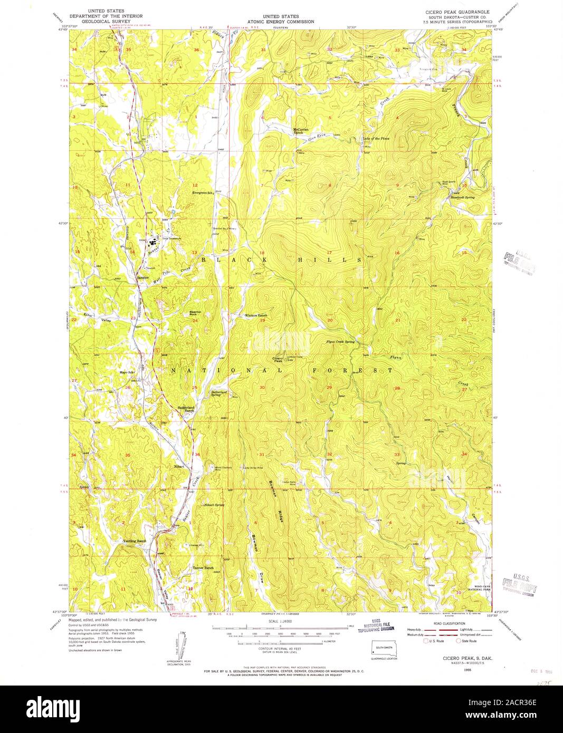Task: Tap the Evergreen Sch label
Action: pyautogui.click(x=203, y=193)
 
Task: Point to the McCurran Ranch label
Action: pyautogui.click(x=301, y=132)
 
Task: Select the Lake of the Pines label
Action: pyautogui.click(x=376, y=139)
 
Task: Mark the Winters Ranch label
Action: pyautogui.click(x=256, y=316)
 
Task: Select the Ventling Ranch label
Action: pyautogui.click(x=134, y=542)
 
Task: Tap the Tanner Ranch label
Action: pyautogui.click(x=203, y=568)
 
